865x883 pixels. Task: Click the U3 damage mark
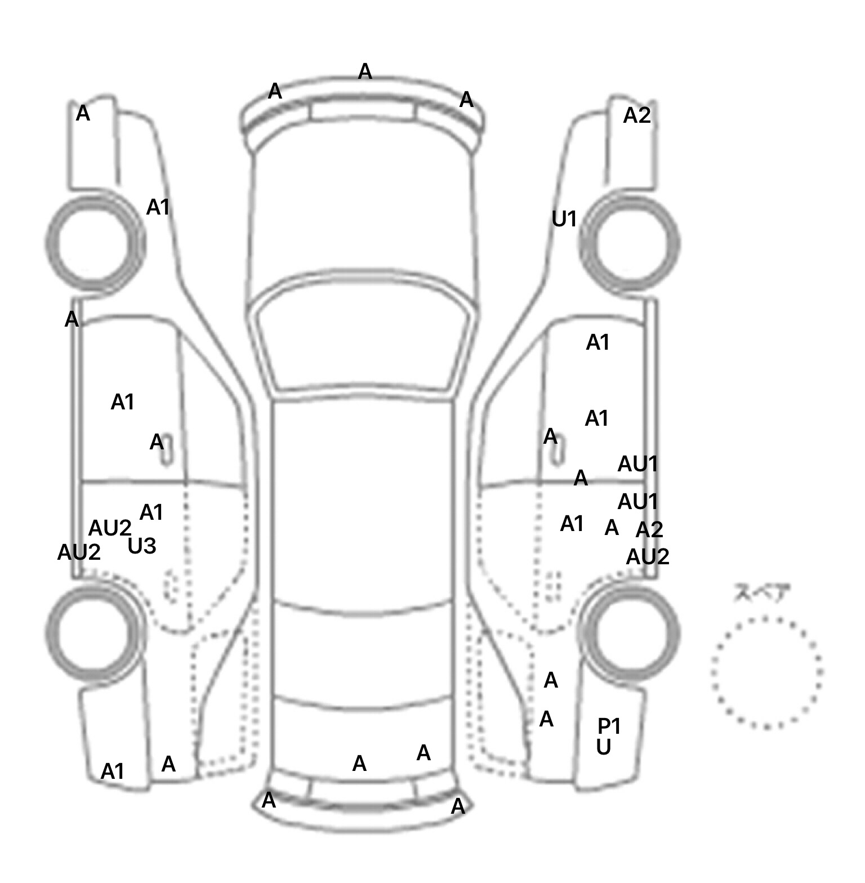click(x=142, y=546)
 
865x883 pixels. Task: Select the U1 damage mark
click(x=564, y=219)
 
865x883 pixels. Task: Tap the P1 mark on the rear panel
click(x=609, y=726)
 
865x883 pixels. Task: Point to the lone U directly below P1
click(x=604, y=748)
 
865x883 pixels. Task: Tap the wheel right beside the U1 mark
click(x=630, y=243)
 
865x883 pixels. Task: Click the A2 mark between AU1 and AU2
click(x=649, y=530)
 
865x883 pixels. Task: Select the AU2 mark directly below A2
click(x=648, y=557)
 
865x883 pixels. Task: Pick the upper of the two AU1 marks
click(x=637, y=465)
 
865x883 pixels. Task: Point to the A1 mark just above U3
click(x=151, y=513)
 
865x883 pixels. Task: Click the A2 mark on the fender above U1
click(x=637, y=116)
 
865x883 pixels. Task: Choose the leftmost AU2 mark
click(x=79, y=552)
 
